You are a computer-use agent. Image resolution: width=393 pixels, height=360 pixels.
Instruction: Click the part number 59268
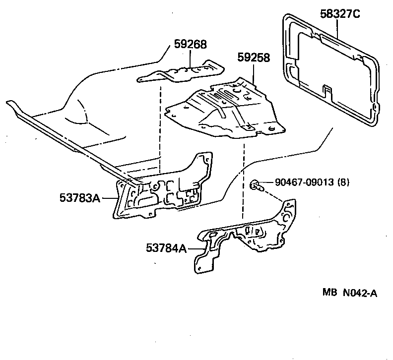click(x=190, y=45)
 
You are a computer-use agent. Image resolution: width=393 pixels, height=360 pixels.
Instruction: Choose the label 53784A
click(x=166, y=247)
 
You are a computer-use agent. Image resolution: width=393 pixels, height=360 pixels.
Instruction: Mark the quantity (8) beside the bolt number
click(x=343, y=182)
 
